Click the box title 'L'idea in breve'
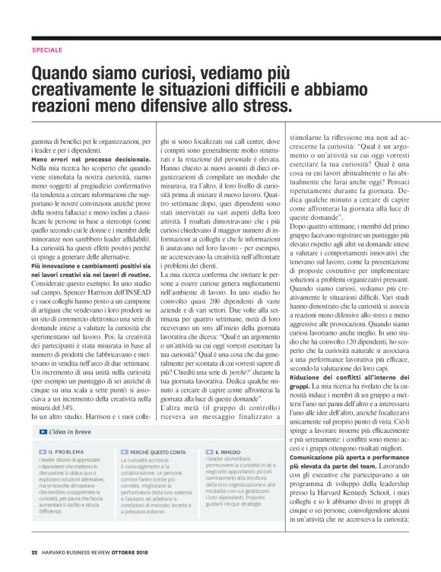coord(70,431)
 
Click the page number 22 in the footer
coord(35,552)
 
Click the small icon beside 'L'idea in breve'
coord(43,431)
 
